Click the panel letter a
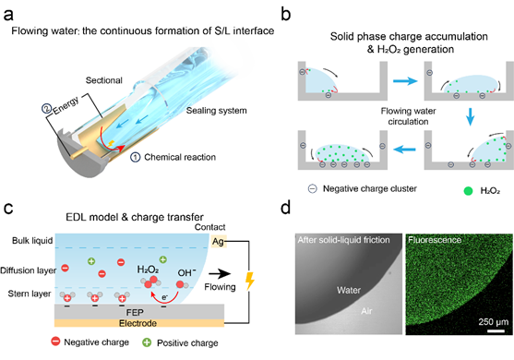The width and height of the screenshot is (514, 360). [x=8, y=15]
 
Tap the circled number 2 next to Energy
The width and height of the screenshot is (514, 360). [x=46, y=109]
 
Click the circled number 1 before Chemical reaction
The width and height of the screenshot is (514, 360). [x=136, y=157]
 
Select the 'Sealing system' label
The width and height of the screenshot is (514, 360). [x=216, y=111]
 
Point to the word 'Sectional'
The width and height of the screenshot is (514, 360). [x=104, y=80]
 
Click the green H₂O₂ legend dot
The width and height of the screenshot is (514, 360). [x=469, y=191]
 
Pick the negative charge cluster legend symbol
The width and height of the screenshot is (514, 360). [x=313, y=189]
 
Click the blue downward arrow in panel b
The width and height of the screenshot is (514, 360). [x=471, y=116]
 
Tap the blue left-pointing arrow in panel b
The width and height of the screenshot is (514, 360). [x=404, y=150]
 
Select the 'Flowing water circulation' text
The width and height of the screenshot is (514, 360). [x=408, y=116]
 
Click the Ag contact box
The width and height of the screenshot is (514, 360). [x=219, y=242]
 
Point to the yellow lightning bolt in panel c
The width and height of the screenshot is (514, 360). [x=250, y=281]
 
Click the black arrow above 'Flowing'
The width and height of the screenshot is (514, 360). [x=220, y=274]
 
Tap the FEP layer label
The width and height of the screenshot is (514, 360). [x=135, y=312]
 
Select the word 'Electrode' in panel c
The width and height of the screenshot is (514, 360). [x=137, y=324]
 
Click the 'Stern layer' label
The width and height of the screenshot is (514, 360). [x=30, y=294]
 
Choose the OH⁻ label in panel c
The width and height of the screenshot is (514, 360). [x=186, y=272]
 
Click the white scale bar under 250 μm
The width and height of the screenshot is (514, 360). [x=496, y=330]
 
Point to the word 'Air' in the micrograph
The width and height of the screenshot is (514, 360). [x=366, y=311]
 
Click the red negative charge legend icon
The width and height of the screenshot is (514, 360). [x=55, y=342]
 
